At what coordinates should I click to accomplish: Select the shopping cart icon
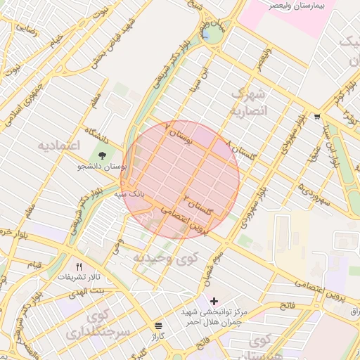[x=318, y=117]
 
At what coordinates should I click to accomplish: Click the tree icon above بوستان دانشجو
[x=103, y=155]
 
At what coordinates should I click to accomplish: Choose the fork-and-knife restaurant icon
[x=79, y=266]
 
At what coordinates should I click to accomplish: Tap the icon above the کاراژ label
[x=158, y=326]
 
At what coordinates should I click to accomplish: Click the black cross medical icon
[x=214, y=301]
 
